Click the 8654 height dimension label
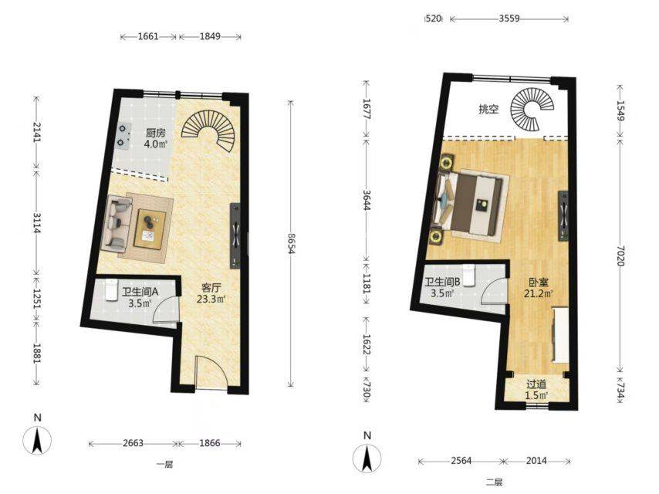pyautogui.click(x=290, y=244)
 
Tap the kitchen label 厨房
pyautogui.click(x=156, y=134)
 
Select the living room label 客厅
pyautogui.click(x=211, y=288)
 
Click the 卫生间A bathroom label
pyautogui.click(x=140, y=291)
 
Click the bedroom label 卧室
pyautogui.click(x=539, y=283)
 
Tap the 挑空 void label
pyautogui.click(x=488, y=110)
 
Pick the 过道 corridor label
pyautogui.click(x=537, y=384)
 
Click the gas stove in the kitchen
pyautogui.click(x=123, y=136)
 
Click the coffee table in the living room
pyautogui.click(x=150, y=228)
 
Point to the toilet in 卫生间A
pyautogui.click(x=110, y=289)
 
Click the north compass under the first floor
pyautogui.click(x=37, y=439)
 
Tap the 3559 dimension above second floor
pyautogui.click(x=509, y=19)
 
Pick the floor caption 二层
pyautogui.click(x=495, y=482)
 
